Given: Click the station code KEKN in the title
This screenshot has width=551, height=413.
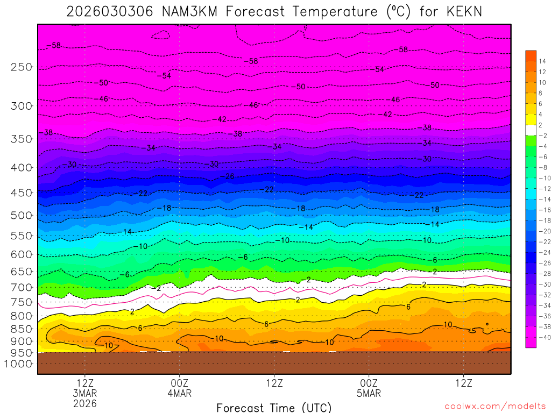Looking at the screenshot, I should [x=460, y=11].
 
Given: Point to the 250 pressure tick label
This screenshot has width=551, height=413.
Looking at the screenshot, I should [x=22, y=67].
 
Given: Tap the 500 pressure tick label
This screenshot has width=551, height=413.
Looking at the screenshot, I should [x=22, y=215].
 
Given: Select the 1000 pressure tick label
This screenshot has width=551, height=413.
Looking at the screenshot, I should [x=19, y=364].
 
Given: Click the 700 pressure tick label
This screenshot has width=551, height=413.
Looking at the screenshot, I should [x=22, y=287].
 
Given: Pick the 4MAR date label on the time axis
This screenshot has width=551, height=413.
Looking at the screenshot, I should [x=179, y=393].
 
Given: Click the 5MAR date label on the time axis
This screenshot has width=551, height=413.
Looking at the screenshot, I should [x=369, y=393].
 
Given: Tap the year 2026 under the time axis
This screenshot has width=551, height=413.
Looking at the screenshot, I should [x=85, y=403].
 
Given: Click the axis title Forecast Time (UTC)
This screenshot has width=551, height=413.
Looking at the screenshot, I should [x=274, y=407].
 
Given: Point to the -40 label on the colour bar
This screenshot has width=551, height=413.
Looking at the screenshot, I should [x=542, y=337].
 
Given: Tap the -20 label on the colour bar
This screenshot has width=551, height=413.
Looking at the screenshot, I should [x=542, y=231].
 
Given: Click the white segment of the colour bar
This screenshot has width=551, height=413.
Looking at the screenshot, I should [x=531, y=130].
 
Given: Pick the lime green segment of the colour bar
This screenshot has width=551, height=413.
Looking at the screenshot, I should [x=531, y=140].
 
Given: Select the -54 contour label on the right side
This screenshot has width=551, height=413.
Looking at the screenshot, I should [x=379, y=69].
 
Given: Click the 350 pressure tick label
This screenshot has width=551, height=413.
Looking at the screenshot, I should [x=22, y=139].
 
